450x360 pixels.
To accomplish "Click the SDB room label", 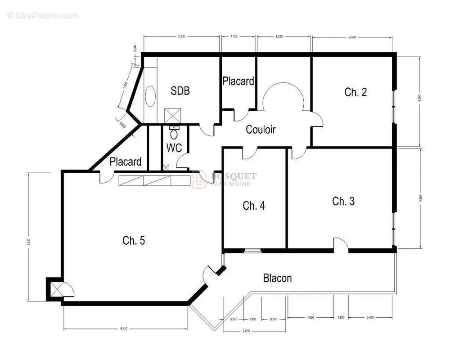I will [180, 91].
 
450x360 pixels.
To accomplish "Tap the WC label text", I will [174, 148].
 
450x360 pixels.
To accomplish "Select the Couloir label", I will [261, 130].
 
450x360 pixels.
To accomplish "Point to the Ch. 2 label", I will [355, 92].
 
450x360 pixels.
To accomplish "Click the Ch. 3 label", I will [343, 201].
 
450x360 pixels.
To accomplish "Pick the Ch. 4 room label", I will [254, 206].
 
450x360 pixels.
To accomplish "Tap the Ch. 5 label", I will [134, 241].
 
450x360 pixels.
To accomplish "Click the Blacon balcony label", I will [277, 279].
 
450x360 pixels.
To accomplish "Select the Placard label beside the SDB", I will [238, 81].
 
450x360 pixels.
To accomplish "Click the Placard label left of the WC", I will [126, 162].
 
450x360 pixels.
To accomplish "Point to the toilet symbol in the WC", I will [174, 134].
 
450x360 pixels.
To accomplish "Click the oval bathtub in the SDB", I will [150, 95].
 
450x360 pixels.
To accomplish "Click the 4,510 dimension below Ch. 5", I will [124, 328].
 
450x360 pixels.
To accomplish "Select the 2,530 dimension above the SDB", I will [182, 36].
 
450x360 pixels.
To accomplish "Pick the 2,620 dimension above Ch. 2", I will [354, 36].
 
